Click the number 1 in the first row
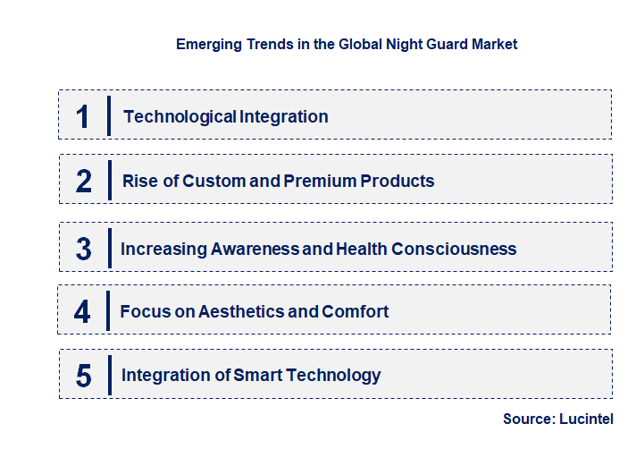(x=83, y=116)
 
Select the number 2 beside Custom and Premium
(x=84, y=181)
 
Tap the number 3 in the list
(x=84, y=249)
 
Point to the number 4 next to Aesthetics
(x=83, y=312)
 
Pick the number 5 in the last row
(x=84, y=376)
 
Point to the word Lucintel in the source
(x=586, y=419)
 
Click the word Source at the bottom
(x=527, y=419)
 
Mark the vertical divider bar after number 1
(x=109, y=115)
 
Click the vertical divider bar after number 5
(x=109, y=374)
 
